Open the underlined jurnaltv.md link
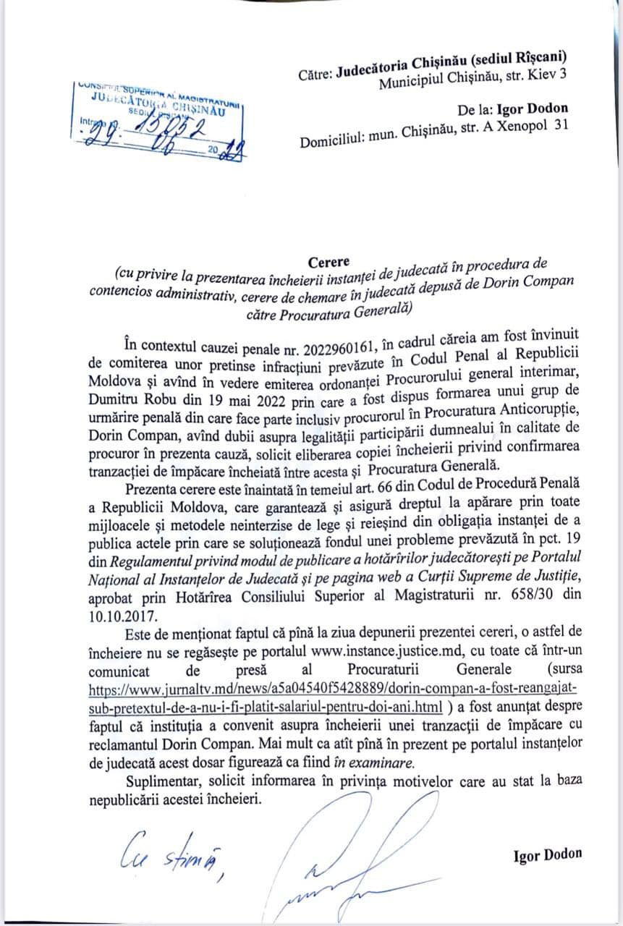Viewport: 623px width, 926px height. point(333,684)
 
